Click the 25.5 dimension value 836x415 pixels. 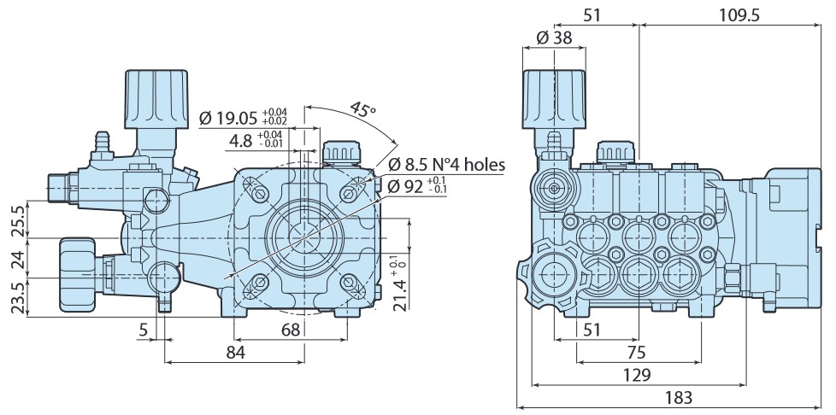coord(17,219)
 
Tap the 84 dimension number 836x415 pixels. coord(236,352)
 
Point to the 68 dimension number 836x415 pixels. coord(291,330)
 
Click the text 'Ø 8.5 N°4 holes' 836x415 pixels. coord(446,164)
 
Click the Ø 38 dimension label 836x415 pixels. coord(554,38)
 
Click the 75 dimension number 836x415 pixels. coord(637,353)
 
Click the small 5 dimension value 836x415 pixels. coord(144,330)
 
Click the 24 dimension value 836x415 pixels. coord(17,258)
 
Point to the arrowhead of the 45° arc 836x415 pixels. coord(394,143)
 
